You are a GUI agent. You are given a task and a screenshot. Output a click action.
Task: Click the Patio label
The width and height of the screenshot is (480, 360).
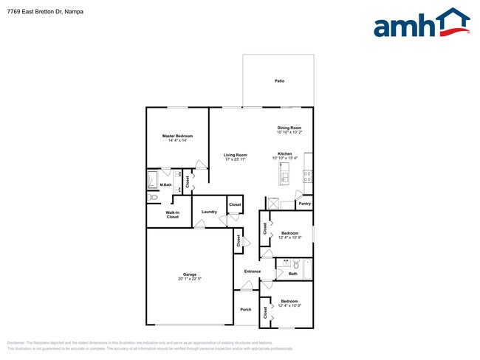pos(279,80)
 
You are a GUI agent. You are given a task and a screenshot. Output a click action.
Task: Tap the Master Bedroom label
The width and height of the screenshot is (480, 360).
pos(177,136)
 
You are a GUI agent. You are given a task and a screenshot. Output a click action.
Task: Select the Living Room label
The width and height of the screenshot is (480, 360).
pos(235,155)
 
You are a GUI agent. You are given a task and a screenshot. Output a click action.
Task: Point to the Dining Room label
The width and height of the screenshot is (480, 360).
pos(289,128)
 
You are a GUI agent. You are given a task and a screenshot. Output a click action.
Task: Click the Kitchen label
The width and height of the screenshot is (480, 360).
pos(284,153)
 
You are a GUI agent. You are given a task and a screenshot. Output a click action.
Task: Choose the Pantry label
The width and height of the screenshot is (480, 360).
pos(304,204)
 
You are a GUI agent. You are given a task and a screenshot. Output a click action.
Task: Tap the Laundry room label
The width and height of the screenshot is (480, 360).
pos(209,212)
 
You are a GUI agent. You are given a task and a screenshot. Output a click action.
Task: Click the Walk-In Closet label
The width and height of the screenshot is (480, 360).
pos(172,215)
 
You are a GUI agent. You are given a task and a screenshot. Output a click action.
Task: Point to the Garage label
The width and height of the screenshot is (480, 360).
pos(190,274)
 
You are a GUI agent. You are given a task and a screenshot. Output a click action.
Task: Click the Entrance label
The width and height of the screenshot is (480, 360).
pos(253,271)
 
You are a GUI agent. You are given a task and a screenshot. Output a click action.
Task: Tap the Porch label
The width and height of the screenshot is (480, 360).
pos(246,309)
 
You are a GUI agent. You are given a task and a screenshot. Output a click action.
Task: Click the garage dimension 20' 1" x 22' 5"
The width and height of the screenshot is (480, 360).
pos(190,279)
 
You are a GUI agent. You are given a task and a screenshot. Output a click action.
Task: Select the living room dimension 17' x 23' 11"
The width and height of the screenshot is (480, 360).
pos(235,159)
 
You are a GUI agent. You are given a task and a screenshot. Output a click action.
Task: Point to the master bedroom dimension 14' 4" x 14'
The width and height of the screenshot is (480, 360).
pos(177,140)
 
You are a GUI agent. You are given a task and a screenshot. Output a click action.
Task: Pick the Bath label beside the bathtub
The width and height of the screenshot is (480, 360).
pos(293,274)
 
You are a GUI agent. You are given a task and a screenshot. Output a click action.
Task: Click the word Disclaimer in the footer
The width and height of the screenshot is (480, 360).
pos(16,343)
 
